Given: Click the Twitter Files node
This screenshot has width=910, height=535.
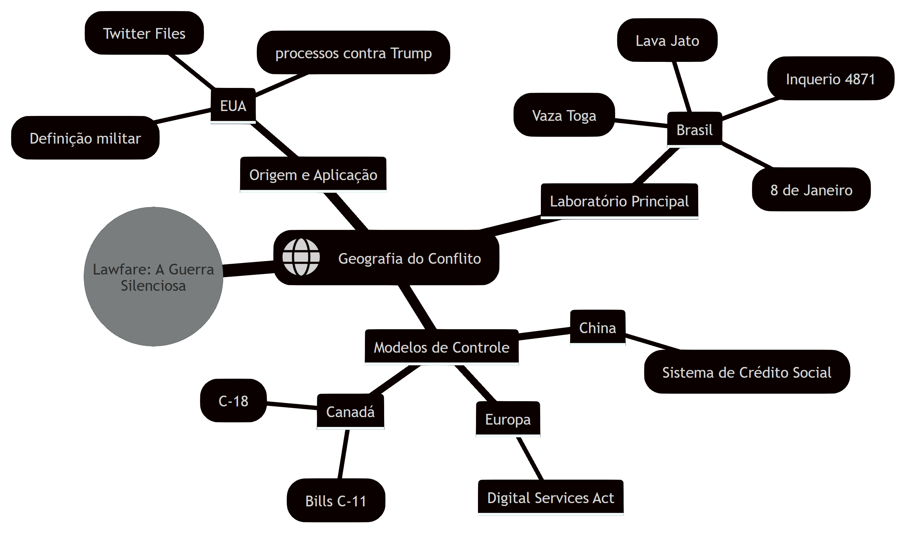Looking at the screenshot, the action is [x=144, y=33].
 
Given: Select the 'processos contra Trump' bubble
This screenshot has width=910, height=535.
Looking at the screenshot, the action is [x=353, y=53].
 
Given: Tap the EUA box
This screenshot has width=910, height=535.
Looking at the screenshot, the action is [x=233, y=106].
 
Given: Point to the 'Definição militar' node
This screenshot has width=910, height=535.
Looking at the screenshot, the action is [x=85, y=138].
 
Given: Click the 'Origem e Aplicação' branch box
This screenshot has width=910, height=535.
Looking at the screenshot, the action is [x=313, y=174].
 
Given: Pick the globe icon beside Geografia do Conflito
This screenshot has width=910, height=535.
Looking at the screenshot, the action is [x=301, y=257].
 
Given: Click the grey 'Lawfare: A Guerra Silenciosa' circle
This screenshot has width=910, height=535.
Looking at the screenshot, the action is [x=153, y=276].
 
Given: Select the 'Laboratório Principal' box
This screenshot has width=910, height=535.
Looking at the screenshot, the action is [x=619, y=201].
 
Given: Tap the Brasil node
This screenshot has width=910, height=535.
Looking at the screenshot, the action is [x=694, y=130].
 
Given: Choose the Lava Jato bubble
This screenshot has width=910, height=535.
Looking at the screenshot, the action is [x=667, y=40].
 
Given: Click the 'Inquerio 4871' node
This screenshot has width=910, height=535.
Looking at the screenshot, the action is [x=831, y=78].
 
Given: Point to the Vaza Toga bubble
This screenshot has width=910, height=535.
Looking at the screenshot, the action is [x=564, y=115].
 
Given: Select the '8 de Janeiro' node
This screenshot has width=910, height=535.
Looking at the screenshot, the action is [x=811, y=189].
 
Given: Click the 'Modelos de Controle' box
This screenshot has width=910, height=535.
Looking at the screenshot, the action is [x=441, y=347].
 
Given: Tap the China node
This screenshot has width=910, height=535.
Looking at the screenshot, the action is [x=598, y=328].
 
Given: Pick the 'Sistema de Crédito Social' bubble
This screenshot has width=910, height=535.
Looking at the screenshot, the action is [x=747, y=372].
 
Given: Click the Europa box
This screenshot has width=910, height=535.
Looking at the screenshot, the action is [x=508, y=419].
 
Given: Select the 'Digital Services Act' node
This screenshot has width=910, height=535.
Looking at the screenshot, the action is [x=551, y=498].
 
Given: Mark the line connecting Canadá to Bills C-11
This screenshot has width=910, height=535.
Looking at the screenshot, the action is [x=343, y=454].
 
